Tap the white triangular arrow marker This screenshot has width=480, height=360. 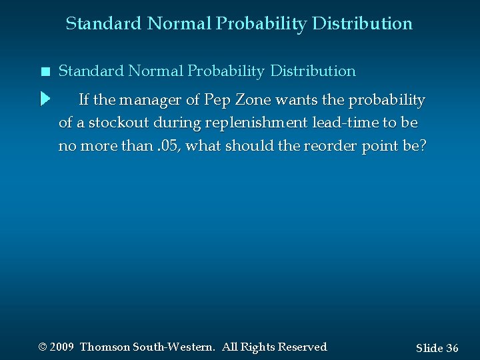point(45,99)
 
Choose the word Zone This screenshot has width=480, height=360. point(253,100)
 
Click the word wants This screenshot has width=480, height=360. point(293,100)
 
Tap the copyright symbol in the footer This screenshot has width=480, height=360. point(43,347)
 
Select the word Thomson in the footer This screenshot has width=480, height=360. point(105,347)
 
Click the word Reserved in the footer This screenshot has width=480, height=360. point(301,347)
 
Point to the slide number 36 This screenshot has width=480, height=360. point(451,348)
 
